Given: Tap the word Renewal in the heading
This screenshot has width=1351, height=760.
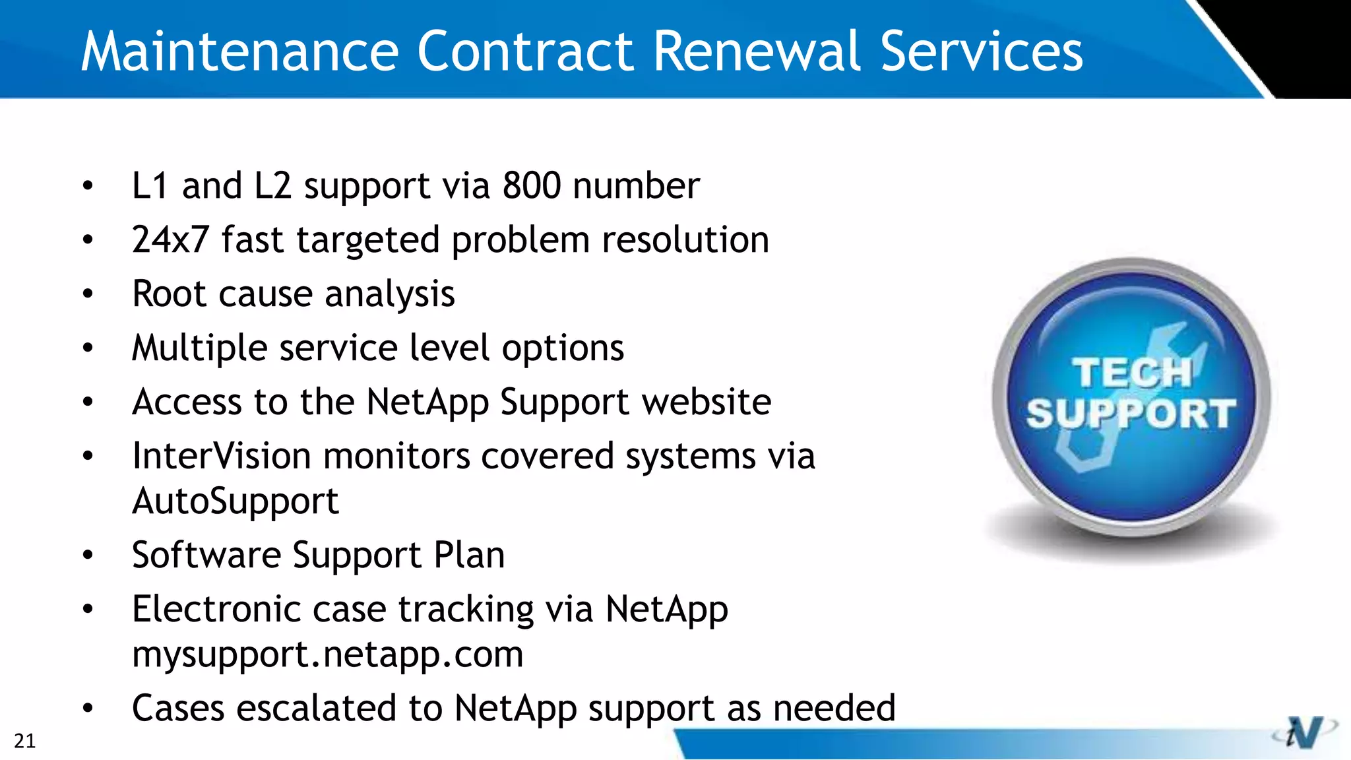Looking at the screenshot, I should coord(757,51).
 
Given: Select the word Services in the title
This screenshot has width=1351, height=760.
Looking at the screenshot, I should coord(982,51).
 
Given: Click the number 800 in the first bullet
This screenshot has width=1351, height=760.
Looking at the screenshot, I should coord(532,185).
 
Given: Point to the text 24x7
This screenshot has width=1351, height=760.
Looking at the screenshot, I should coord(170,239).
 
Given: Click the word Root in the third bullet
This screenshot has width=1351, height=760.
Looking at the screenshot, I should coord(169,294).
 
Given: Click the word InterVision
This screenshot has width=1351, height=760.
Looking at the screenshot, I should coord(222,456).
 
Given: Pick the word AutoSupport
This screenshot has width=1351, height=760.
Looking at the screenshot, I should coord(236,501).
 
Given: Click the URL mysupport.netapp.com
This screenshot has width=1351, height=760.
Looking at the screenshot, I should coord(328,654).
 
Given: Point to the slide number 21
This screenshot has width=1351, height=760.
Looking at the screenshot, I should coord(24,741).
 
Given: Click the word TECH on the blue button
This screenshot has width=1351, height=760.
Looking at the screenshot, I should coord(1131,373).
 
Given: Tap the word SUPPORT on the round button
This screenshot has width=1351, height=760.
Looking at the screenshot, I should coord(1131,414).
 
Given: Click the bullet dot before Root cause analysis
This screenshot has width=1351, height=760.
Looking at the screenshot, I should coord(88,294).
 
